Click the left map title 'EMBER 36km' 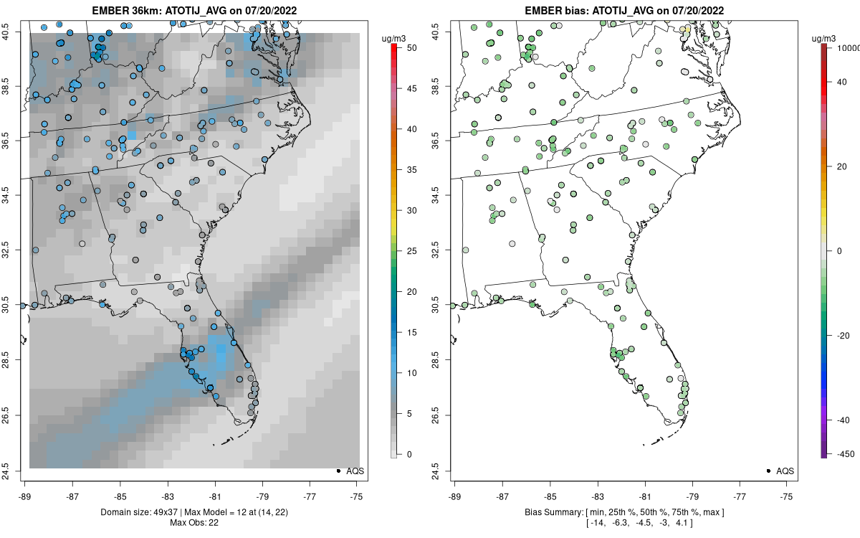click(124, 11)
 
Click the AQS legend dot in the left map click(338, 471)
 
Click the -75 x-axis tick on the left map click(356, 496)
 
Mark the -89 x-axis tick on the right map click(454, 496)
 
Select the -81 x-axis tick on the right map click(644, 496)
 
